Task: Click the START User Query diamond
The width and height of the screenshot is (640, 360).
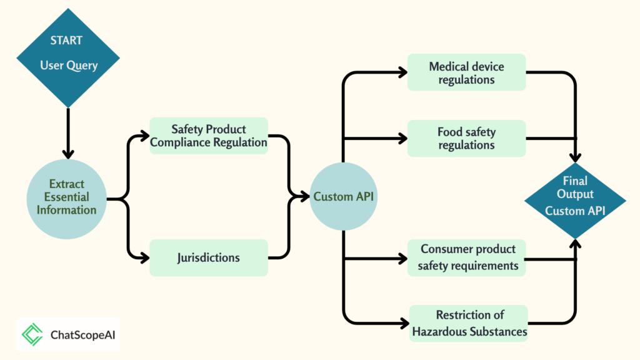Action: pyautogui.click(x=68, y=58)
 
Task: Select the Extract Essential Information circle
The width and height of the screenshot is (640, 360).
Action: pyautogui.click(x=66, y=199)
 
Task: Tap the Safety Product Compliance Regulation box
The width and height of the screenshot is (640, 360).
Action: pyautogui.click(x=209, y=136)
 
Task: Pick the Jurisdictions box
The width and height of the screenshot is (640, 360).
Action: pyautogui.click(x=209, y=257)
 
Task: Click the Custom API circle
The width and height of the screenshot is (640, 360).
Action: pyautogui.click(x=343, y=196)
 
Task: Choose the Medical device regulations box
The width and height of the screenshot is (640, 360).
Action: pyautogui.click(x=466, y=72)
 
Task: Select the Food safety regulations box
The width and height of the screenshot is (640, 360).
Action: pyautogui.click(x=466, y=138)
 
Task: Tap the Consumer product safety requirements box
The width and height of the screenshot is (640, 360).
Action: pyautogui.click(x=466, y=257)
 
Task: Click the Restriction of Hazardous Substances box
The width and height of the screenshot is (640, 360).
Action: pyautogui.click(x=469, y=323)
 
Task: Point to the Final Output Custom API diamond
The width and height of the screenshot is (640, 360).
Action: pyautogui.click(x=575, y=201)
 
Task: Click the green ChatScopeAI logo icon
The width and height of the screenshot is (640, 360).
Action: pyautogui.click(x=32, y=335)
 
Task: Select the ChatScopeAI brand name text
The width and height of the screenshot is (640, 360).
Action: pyautogui.click(x=83, y=335)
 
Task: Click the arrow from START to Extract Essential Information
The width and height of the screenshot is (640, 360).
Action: pyautogui.click(x=68, y=134)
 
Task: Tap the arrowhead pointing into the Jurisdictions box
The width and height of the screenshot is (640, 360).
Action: pyautogui.click(x=144, y=257)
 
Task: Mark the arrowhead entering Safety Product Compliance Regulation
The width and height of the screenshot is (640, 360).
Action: pyautogui.click(x=144, y=136)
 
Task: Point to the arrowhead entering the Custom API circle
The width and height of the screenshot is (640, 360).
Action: pyautogui.click(x=304, y=196)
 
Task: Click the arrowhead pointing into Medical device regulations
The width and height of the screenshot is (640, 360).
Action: pyautogui.click(x=403, y=72)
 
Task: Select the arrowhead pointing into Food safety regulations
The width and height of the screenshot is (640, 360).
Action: pyautogui.click(x=403, y=138)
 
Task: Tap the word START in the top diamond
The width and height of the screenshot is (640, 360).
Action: pyautogui.click(x=66, y=41)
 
